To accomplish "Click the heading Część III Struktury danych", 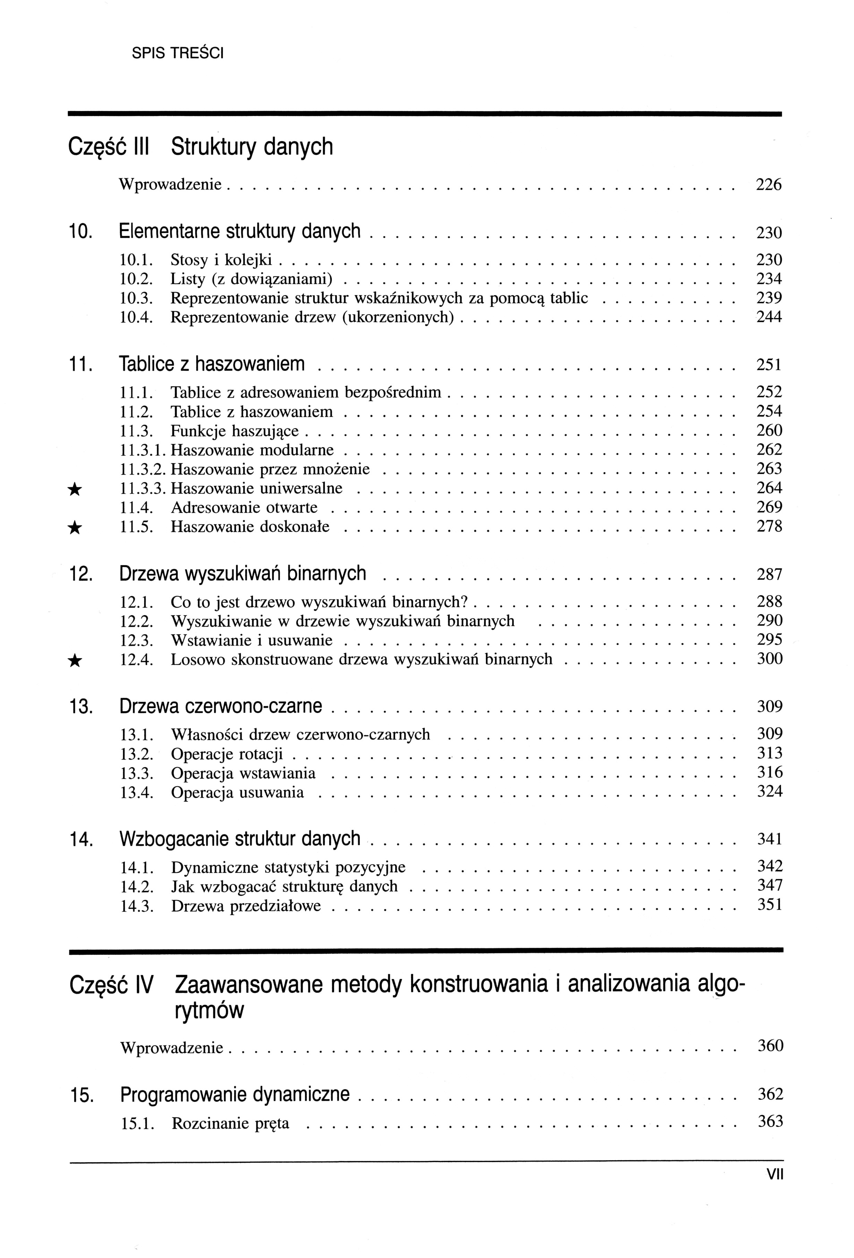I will pos(201,147).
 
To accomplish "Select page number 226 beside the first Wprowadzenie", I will pos(768,185).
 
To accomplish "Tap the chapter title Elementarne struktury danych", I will pos(239,232).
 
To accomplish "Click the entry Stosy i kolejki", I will pos(221,260).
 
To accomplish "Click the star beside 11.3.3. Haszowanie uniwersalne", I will pos(76,489).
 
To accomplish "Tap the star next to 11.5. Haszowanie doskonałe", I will pos(76,528).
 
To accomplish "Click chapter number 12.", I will pos(81,574).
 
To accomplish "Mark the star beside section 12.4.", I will pos(76,660).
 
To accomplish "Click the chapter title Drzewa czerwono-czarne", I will pos(220,707).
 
